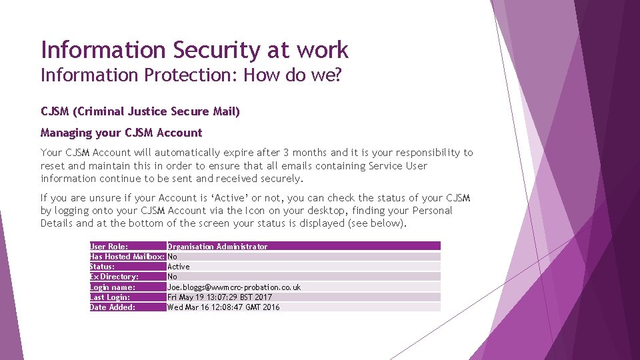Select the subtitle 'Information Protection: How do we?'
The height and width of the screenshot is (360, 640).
(191, 75)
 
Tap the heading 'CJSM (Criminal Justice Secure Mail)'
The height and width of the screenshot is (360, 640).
(140, 111)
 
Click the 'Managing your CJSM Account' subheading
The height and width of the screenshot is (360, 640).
(121, 133)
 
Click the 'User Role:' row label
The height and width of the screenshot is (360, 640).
(109, 247)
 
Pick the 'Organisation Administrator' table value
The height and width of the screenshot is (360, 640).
(217, 247)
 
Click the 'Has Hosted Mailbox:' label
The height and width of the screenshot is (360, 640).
(127, 257)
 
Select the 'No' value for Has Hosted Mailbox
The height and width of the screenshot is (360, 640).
(172, 257)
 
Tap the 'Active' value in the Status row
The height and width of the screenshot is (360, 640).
(178, 267)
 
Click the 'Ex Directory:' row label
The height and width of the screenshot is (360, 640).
(114, 277)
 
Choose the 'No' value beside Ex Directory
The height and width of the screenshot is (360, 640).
(172, 277)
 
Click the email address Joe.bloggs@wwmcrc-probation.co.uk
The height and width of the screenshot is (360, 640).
(233, 287)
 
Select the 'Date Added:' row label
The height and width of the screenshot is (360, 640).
(113, 307)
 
